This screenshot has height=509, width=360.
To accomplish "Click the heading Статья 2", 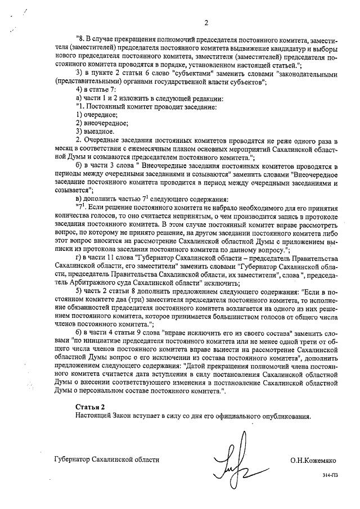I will [x=90, y=406].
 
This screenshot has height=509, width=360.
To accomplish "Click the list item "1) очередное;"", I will [x=93, y=114].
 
